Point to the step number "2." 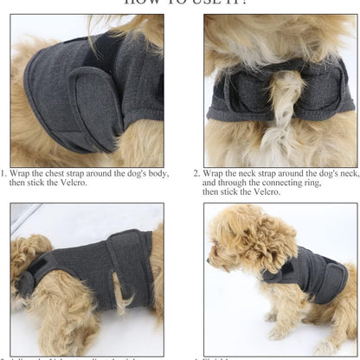[196, 173]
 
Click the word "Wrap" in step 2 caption [213, 173]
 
